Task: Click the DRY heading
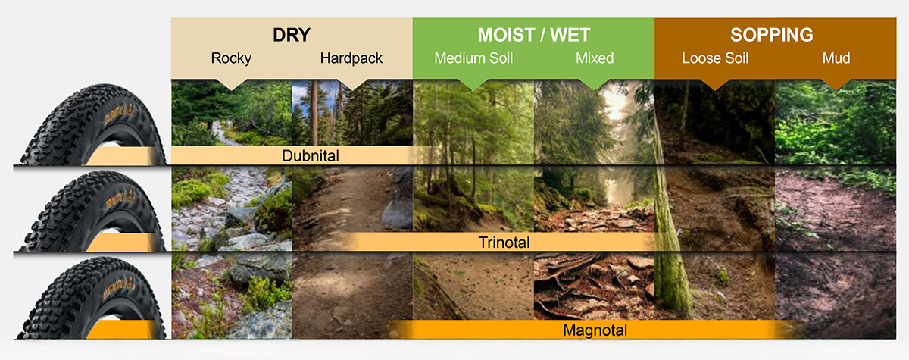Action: (292, 35)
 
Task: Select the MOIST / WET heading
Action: (533, 35)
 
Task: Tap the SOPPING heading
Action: (772, 35)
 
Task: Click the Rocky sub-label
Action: (231, 58)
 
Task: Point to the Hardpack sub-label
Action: (351, 58)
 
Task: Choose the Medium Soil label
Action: (473, 58)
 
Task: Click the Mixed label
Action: (595, 58)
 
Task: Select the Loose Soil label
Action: (715, 58)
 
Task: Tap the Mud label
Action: (836, 58)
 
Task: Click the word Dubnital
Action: (311, 156)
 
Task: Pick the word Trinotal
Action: (504, 243)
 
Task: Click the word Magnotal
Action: (595, 330)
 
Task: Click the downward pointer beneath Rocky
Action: (231, 84)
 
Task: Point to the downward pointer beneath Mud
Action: (836, 84)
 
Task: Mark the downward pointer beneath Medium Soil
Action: (473, 84)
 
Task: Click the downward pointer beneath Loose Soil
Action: (715, 84)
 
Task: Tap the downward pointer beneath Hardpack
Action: (352, 84)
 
